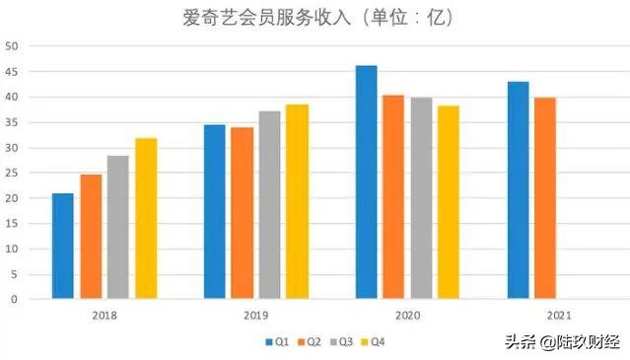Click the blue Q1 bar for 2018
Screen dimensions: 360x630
pyautogui.click(x=63, y=246)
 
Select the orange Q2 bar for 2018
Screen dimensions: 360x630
pyautogui.click(x=91, y=237)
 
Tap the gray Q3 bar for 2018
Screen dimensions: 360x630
pyautogui.click(x=118, y=227)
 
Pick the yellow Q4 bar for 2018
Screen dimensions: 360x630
pyautogui.click(x=146, y=218)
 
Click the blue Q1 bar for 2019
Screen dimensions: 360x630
pyautogui.click(x=215, y=211)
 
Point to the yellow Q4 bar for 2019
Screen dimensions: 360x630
pyautogui.click(x=298, y=201)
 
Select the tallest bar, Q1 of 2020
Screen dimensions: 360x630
pyautogui.click(x=366, y=181)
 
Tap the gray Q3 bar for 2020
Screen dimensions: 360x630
pyautogui.click(x=421, y=197)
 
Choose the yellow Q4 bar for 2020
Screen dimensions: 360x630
pyautogui.click(x=449, y=201)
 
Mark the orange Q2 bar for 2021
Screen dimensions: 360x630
pyautogui.click(x=545, y=197)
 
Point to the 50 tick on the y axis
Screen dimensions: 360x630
pyautogui.click(x=11, y=46)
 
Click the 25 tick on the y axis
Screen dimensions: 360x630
pyautogui.click(x=11, y=173)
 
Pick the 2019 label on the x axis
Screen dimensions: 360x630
pyautogui.click(x=255, y=314)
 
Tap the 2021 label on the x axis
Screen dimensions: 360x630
pyautogui.click(x=558, y=314)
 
